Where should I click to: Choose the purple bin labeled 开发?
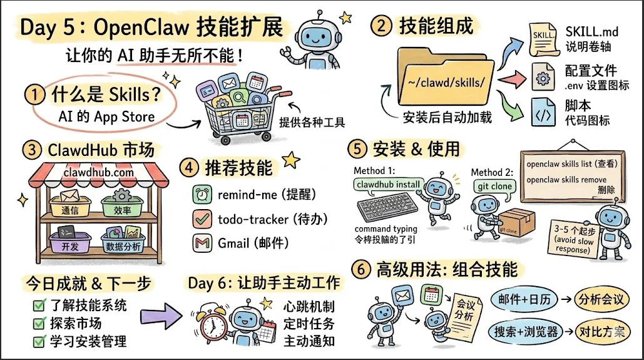[70, 244]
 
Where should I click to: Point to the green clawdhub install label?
[389, 185]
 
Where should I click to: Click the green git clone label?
[494, 186]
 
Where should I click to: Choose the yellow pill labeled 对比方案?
[601, 331]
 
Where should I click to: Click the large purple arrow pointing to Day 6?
[159, 310]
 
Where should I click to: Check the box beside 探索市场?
[39, 324]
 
